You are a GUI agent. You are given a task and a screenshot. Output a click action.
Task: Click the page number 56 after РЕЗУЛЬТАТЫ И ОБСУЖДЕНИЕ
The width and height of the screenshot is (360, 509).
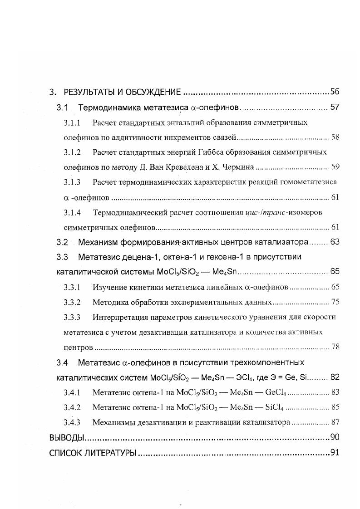tap(335, 92)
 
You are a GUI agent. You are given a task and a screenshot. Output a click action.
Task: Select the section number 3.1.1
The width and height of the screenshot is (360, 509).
tap(72, 122)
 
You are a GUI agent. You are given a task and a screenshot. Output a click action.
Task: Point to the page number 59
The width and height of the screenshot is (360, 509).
tap(335, 167)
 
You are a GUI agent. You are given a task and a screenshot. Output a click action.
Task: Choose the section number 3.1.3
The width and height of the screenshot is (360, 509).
tap(72, 182)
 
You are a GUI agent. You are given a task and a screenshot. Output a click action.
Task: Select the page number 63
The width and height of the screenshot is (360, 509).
tap(335, 242)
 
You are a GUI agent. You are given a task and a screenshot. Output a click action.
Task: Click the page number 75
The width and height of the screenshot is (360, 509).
tap(335, 302)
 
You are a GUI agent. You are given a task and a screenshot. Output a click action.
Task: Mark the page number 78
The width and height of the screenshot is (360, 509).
tap(335, 347)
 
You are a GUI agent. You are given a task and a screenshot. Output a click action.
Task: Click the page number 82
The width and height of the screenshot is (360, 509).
tap(335, 377)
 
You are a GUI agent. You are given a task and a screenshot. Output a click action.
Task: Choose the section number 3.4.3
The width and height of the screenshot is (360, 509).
tap(72, 422)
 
